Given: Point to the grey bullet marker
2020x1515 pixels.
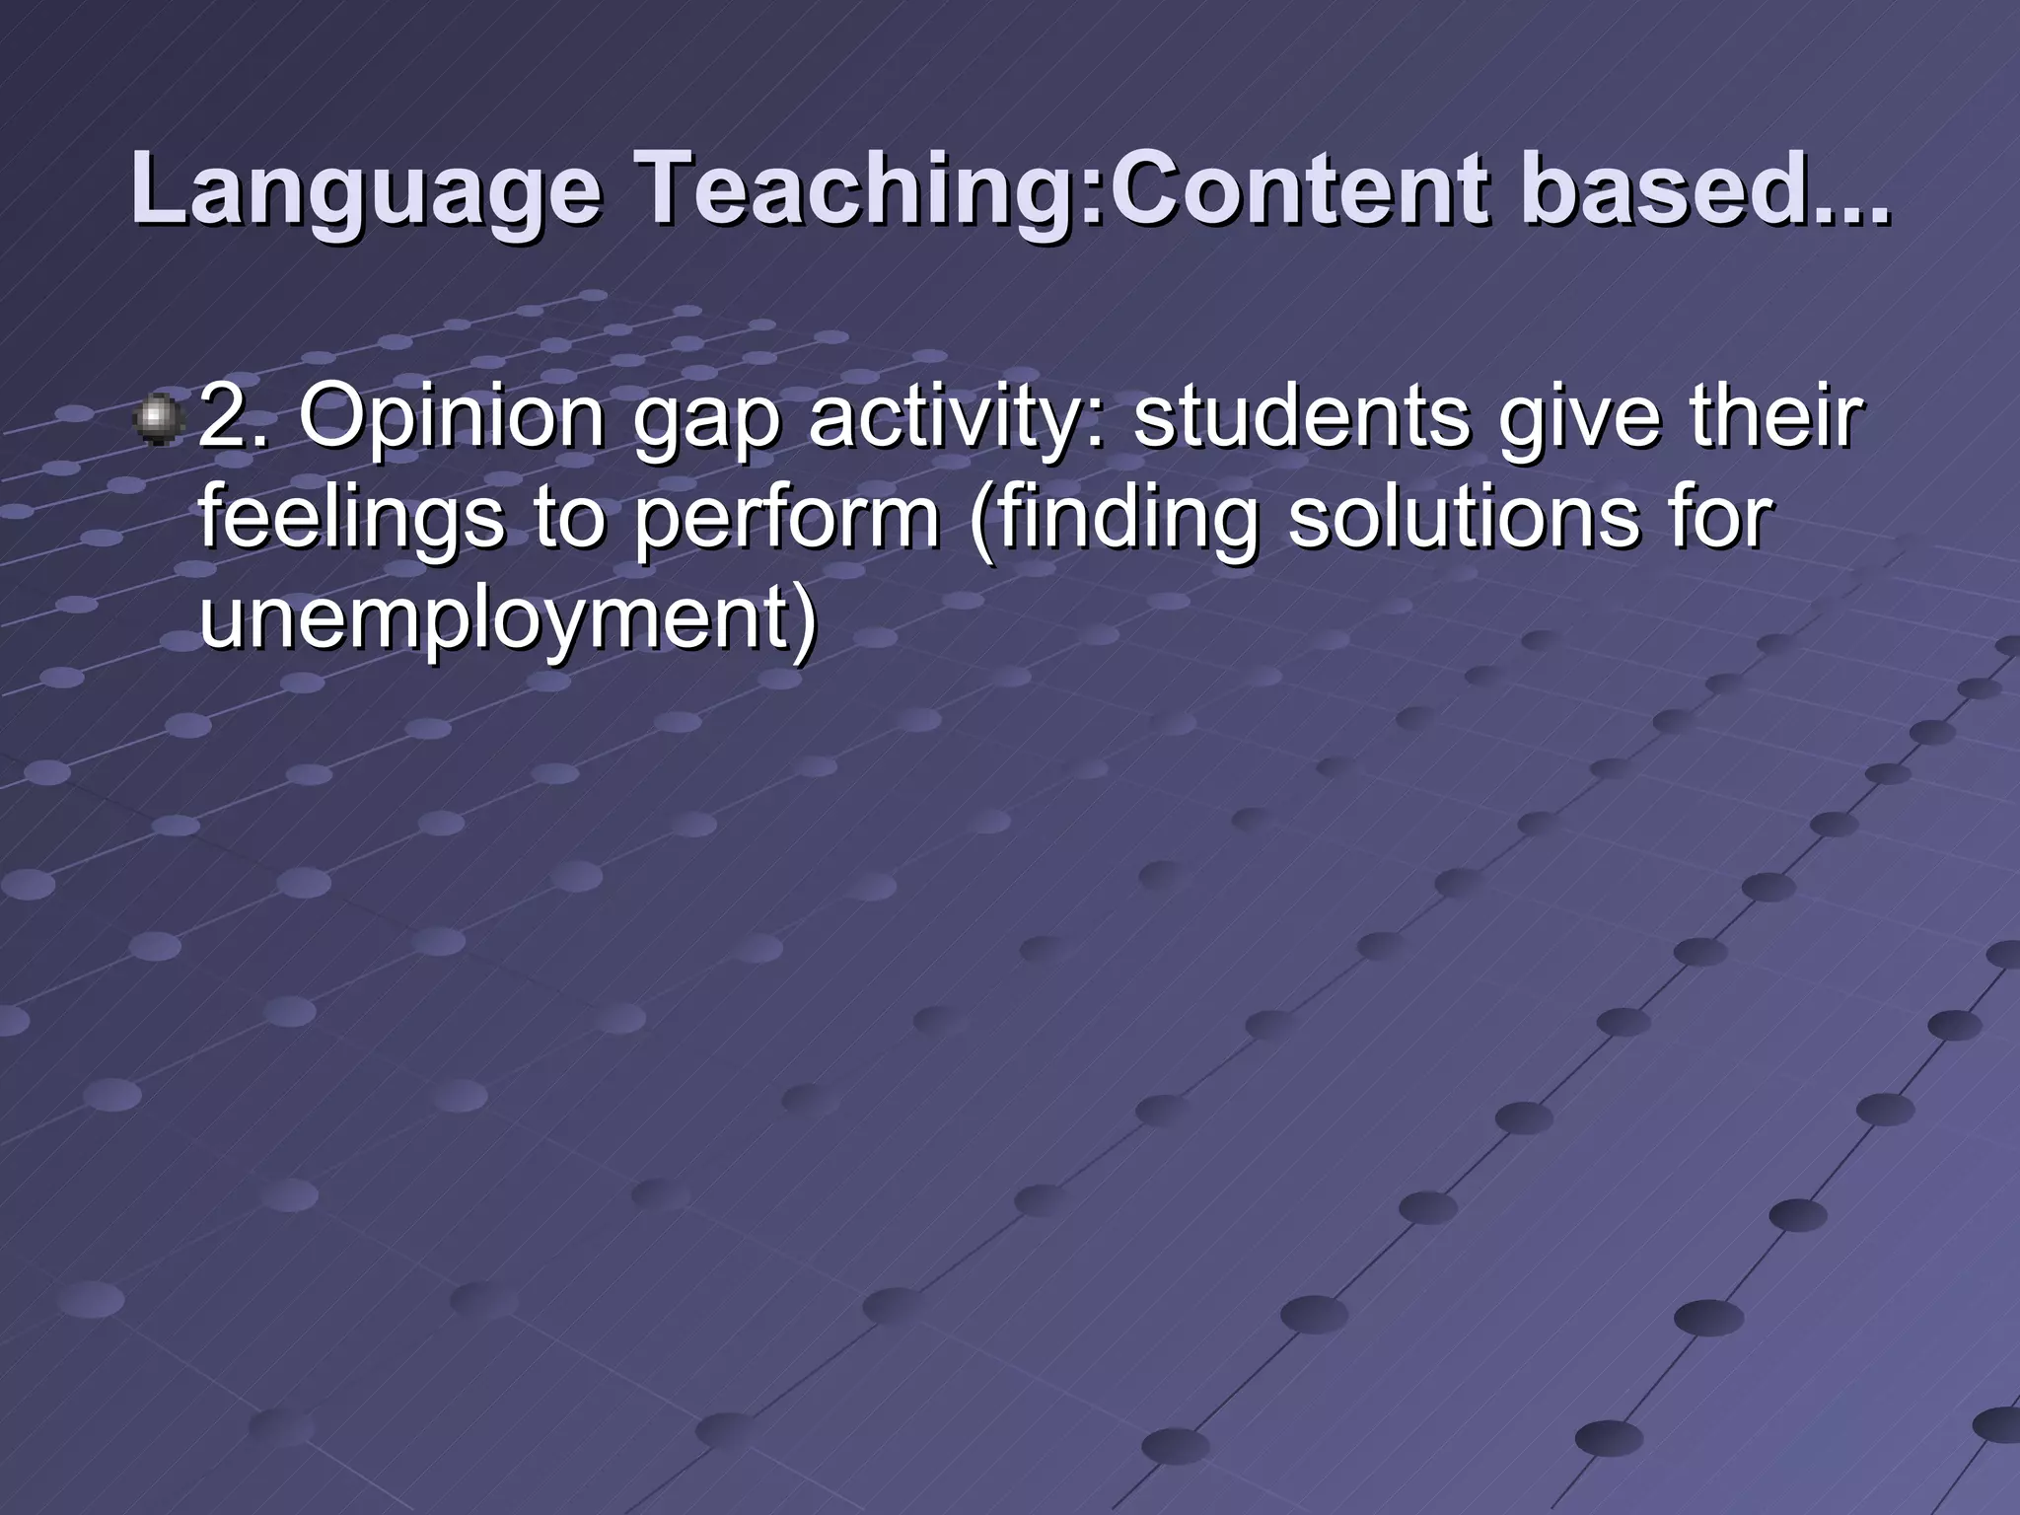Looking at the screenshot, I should point(158,419).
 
